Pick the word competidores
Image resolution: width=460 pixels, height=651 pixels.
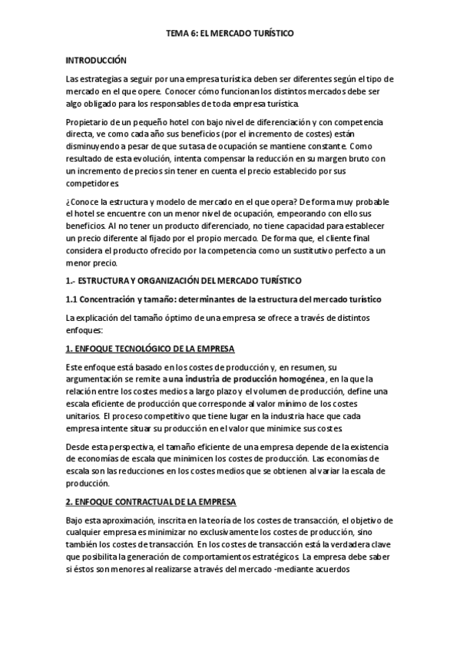(92, 184)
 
